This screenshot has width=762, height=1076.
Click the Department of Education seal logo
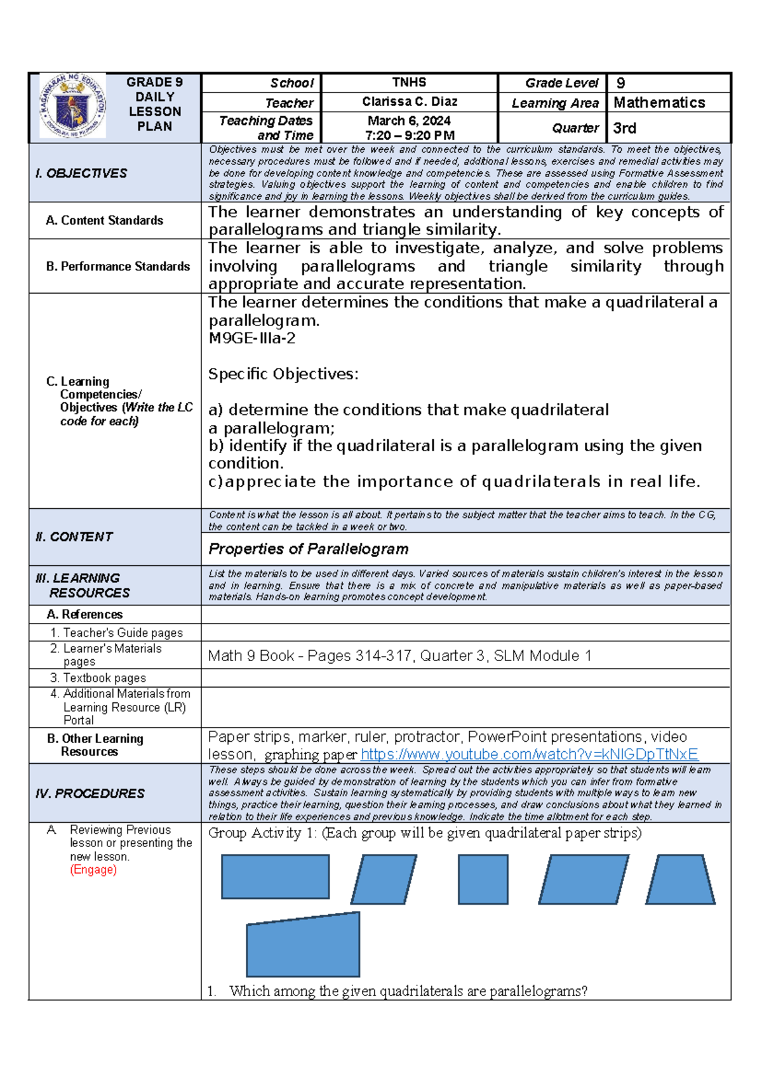[72, 106]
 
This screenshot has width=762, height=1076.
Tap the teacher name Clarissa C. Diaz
[410, 102]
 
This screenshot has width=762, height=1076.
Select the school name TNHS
[409, 82]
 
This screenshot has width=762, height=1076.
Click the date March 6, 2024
[409, 121]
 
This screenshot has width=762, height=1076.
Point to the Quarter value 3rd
[624, 128]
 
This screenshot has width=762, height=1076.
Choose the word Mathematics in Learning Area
[659, 103]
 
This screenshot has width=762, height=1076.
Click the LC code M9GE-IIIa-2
[251, 338]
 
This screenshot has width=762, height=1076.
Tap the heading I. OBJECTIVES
[81, 173]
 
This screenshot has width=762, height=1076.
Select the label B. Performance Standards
[118, 266]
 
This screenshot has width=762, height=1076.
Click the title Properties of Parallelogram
[308, 549]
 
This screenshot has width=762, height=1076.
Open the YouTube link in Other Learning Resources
[529, 754]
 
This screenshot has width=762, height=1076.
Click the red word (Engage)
[93, 870]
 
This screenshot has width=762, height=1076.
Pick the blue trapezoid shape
[680, 879]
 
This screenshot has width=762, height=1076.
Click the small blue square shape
[483, 879]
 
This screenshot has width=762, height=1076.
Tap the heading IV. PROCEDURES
[90, 794]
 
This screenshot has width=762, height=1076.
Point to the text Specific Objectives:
[283, 374]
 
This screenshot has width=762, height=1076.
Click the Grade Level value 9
[620, 83]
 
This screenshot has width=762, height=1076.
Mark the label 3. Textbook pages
[98, 678]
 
